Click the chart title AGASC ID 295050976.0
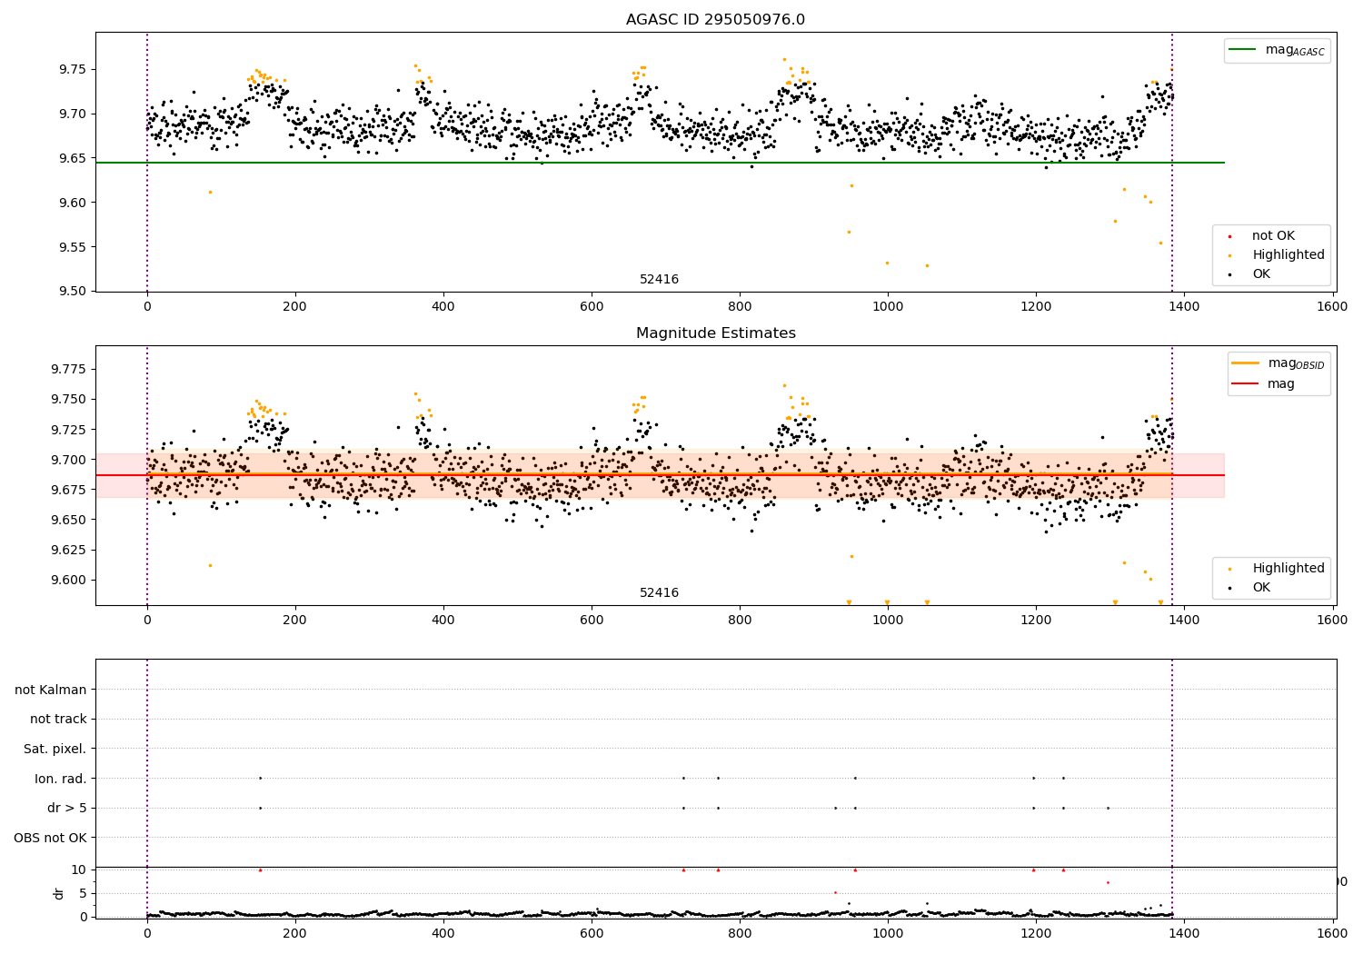715,20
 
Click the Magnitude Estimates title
715,333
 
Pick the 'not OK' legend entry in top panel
1272,236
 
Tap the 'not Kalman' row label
51,690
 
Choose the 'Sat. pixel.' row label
55,749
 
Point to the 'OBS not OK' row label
50,838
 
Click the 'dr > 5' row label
67,808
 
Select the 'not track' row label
58,719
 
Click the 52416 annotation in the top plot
659,280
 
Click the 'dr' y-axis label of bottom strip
59,893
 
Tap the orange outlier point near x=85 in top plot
210,192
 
